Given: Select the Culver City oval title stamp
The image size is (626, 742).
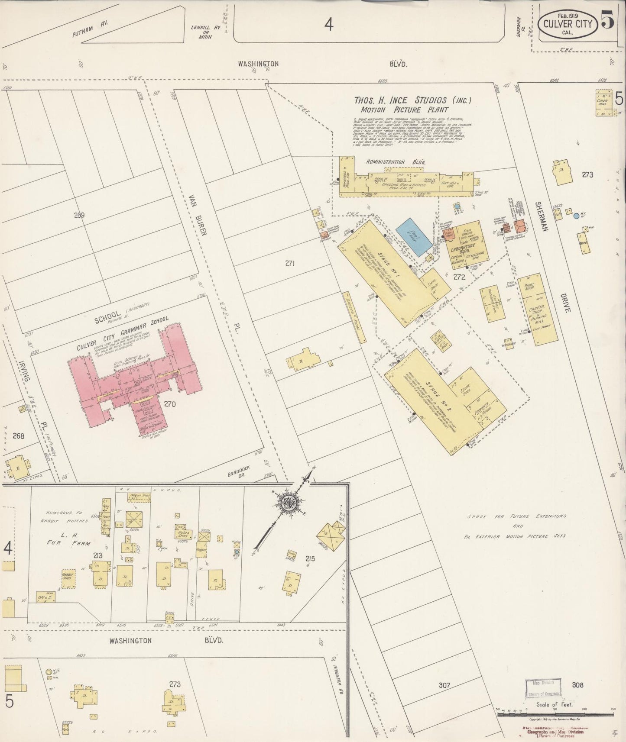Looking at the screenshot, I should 568,24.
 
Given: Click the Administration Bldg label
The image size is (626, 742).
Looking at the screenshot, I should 396,162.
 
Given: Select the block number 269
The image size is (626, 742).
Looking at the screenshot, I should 79,215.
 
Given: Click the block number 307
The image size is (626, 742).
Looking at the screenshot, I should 444,685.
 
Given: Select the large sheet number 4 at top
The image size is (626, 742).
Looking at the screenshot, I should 329,25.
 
